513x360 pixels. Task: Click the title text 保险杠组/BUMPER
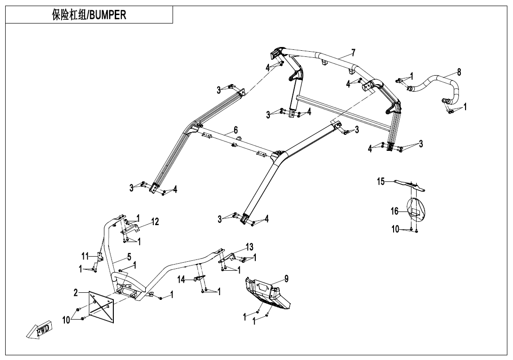[89, 15]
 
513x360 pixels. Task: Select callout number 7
[353, 52]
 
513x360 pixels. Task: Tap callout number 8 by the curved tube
[459, 72]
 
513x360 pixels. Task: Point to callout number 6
[236, 129]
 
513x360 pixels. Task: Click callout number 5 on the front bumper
[129, 257]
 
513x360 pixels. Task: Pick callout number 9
[286, 279]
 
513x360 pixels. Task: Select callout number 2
[76, 293]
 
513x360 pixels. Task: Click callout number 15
[381, 180]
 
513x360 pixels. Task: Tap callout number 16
[395, 211]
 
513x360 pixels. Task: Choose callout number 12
[155, 221]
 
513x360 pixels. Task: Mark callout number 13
[249, 247]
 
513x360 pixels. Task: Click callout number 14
[182, 280]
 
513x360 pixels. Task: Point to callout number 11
[85, 256]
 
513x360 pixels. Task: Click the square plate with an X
[102, 307]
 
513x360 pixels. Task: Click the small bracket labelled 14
[198, 279]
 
